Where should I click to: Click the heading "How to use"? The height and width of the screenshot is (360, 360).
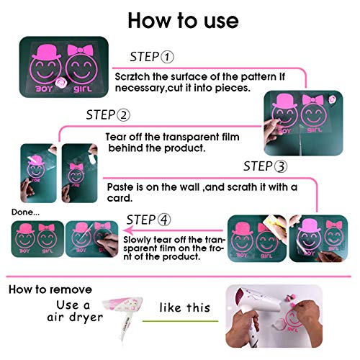pos(183,20)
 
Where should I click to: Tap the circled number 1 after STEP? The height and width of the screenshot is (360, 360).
pos(167,57)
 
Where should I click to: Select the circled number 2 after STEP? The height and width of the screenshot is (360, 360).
pos(123,115)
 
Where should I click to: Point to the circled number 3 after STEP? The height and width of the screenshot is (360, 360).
pos(281,166)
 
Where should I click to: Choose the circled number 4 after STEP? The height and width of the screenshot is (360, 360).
pos(164,220)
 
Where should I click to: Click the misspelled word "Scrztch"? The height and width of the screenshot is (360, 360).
pos(132,77)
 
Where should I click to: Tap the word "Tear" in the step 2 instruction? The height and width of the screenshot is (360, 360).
pos(116,137)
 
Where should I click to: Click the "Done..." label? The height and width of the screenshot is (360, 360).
pos(26,212)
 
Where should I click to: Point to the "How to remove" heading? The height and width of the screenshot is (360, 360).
pos(50,289)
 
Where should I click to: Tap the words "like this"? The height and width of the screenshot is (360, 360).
pos(185,307)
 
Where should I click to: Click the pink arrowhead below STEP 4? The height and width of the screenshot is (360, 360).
pos(128,230)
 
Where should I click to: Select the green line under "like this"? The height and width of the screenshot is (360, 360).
pos(180,321)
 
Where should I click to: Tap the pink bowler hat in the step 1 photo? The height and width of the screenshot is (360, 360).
pos(47,53)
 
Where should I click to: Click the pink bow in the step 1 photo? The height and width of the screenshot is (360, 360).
pos(80,50)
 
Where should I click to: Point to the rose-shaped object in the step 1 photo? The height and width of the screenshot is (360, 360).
pos(60,83)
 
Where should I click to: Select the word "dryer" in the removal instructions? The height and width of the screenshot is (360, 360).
pos(86,318)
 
